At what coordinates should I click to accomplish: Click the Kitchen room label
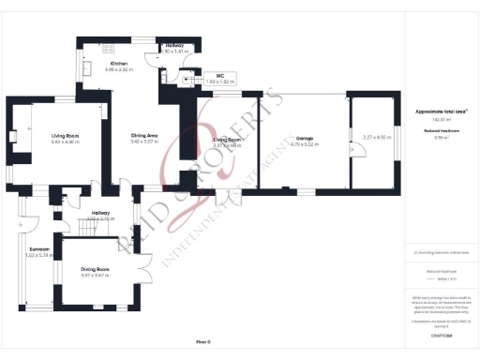118,63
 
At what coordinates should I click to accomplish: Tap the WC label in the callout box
218,76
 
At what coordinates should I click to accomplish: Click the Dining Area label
145,136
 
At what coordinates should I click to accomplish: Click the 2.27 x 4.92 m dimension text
373,138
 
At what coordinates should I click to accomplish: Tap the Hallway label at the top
175,45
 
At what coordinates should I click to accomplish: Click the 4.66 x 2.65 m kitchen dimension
118,69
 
